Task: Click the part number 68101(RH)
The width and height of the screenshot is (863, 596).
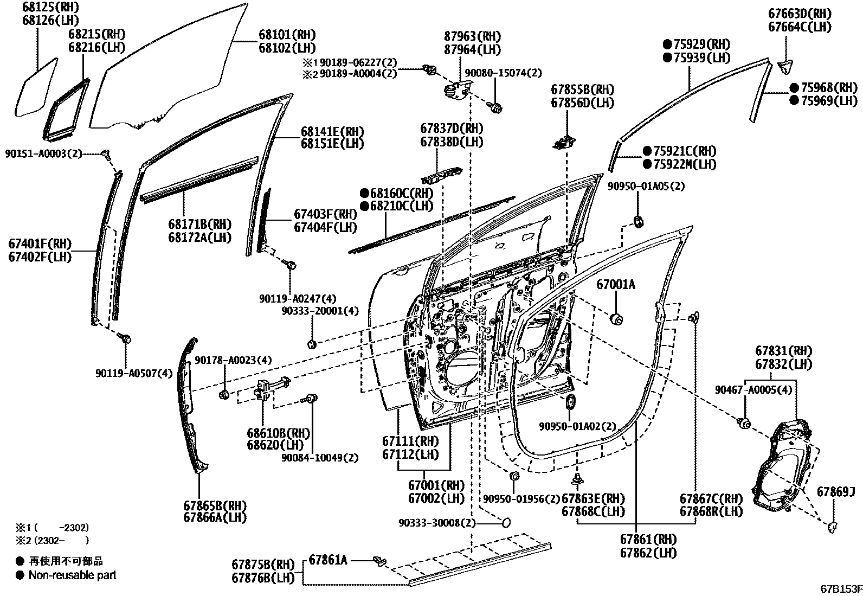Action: click(287, 35)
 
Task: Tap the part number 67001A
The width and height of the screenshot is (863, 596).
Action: click(616, 285)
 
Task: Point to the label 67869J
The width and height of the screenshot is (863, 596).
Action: click(835, 492)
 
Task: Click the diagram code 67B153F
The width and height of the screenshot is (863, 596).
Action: click(840, 588)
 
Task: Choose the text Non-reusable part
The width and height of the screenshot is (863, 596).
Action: click(72, 575)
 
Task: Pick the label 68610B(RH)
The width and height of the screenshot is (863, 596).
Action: click(279, 433)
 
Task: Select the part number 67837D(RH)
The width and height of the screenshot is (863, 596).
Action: click(452, 129)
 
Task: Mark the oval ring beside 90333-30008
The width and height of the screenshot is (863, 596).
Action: click(505, 522)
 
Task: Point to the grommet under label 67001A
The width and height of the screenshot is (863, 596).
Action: click(616, 318)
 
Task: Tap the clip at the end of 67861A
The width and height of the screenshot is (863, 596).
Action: click(381, 561)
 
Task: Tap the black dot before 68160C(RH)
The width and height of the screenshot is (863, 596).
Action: click(364, 193)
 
